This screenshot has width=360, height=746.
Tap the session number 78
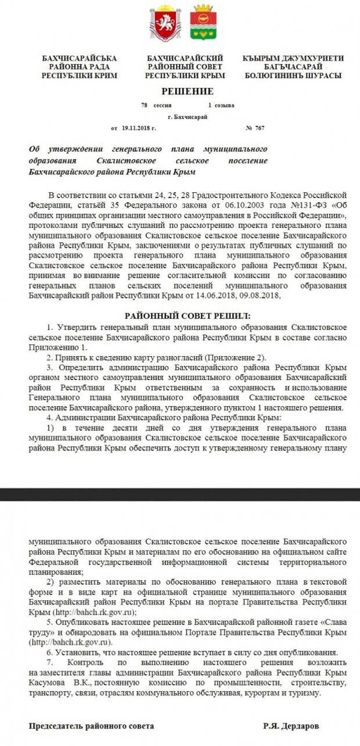[x=144, y=106]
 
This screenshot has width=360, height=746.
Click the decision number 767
[x=259, y=128]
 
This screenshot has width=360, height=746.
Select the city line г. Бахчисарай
[x=187, y=117]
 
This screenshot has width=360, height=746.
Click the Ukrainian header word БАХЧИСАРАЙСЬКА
[x=80, y=59]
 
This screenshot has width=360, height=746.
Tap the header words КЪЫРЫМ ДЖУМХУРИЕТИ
[x=293, y=59]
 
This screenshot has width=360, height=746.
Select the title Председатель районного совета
[x=92, y=726]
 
